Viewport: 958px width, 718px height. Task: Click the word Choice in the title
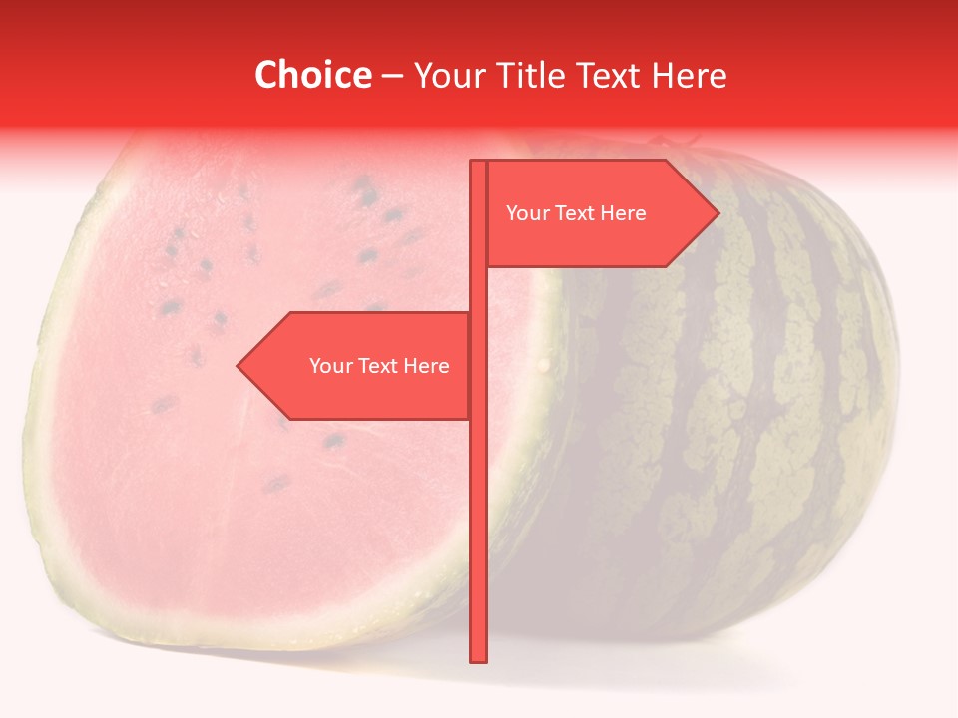[x=312, y=75]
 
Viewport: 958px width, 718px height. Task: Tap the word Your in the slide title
[x=449, y=75]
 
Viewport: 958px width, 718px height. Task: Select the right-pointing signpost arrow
[x=599, y=213]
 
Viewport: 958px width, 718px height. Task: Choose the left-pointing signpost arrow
[x=359, y=366]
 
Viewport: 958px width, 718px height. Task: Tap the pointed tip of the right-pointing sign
[x=718, y=213]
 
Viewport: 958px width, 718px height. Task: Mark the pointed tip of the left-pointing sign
[x=239, y=366]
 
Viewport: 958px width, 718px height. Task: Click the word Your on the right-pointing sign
[x=526, y=213]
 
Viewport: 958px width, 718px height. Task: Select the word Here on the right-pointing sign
[x=623, y=213]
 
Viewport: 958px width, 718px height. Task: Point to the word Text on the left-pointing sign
[x=379, y=366]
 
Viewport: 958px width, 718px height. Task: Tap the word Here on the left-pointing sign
[x=426, y=366]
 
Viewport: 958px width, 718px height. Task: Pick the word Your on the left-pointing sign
[x=329, y=366]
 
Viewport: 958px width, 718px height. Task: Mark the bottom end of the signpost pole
[x=478, y=659]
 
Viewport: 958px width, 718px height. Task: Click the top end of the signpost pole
[x=478, y=163]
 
